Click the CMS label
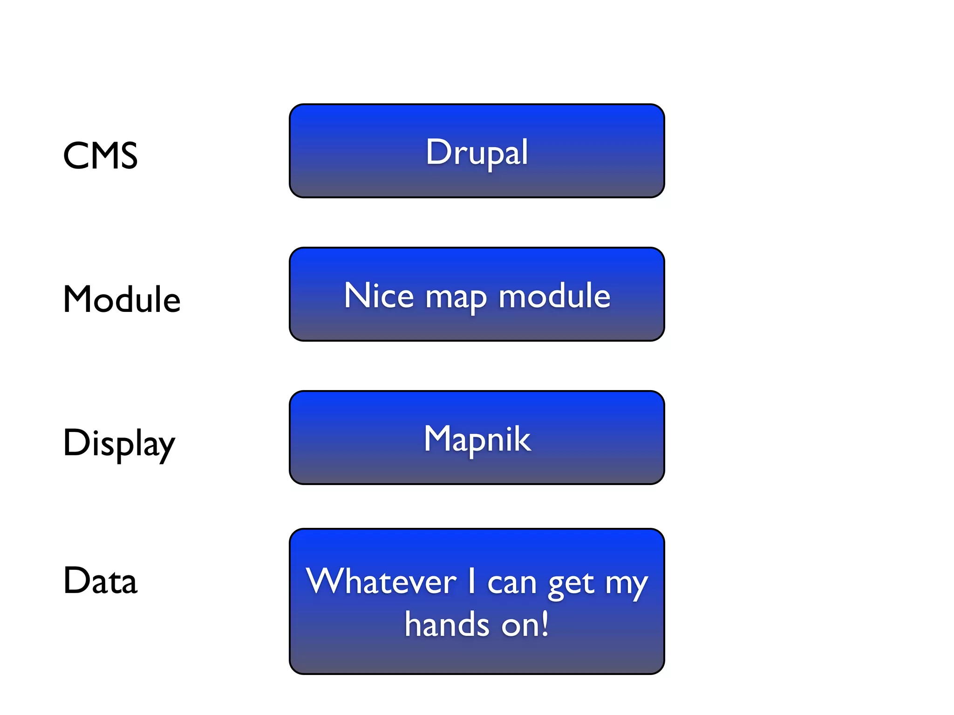(100, 155)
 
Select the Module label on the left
(122, 299)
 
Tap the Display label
(119, 443)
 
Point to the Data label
(100, 581)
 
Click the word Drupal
(477, 152)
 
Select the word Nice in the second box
(379, 296)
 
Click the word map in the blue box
(456, 298)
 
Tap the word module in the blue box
(554, 296)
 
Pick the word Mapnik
(477, 439)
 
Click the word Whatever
(381, 581)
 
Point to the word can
(512, 583)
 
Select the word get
(572, 584)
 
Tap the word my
(627, 584)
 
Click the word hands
(447, 624)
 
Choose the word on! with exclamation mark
(525, 624)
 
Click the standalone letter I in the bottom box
(472, 580)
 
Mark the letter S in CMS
(127, 155)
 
